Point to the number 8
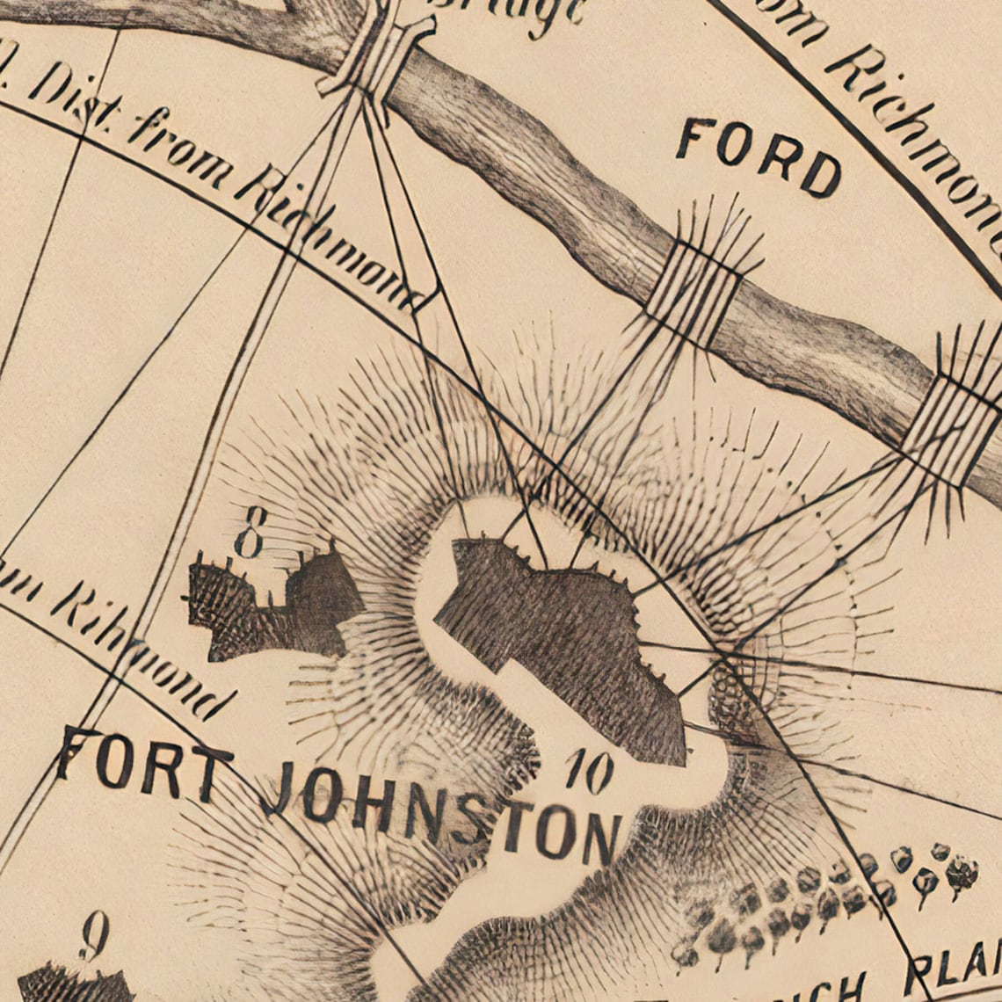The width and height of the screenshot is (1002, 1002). click(250, 532)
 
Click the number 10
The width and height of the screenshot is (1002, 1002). click(589, 772)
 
